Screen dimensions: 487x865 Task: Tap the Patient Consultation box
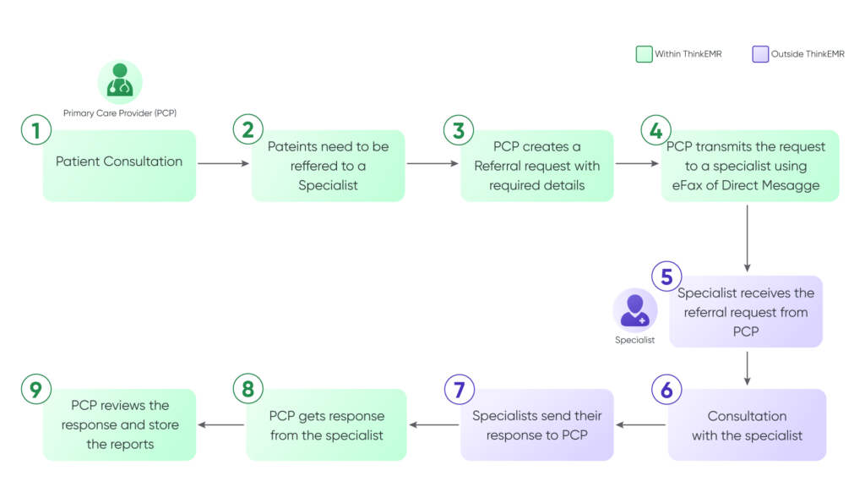[x=119, y=166]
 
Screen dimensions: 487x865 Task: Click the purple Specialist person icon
[x=634, y=311]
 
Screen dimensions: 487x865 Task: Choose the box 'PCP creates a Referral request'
[x=537, y=166]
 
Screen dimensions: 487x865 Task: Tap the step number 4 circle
[x=656, y=131]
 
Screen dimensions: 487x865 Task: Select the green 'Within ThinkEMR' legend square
[x=644, y=55]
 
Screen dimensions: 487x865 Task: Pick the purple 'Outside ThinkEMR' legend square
[x=760, y=55]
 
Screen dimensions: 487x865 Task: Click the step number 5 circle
[x=666, y=276]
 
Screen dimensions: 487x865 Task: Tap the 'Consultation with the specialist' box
[x=747, y=425]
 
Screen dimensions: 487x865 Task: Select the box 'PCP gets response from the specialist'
[x=326, y=425]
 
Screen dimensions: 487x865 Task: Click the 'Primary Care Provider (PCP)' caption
[x=120, y=112]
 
